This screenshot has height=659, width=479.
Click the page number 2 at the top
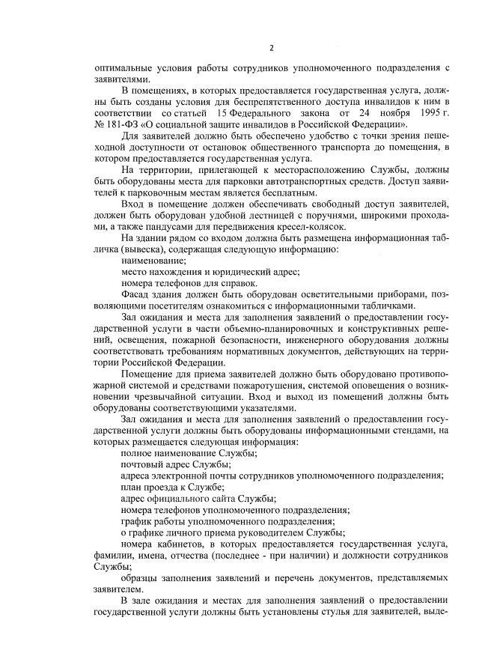[272, 48]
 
